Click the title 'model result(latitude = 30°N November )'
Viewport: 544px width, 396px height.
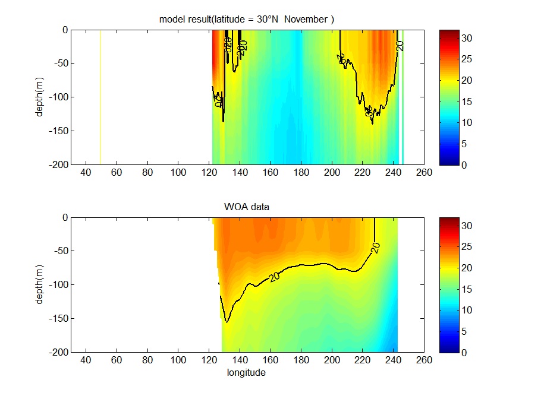(247, 20)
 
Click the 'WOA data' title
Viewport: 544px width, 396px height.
(247, 207)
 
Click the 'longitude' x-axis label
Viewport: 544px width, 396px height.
(246, 373)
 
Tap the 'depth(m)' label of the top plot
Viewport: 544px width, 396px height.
(39, 97)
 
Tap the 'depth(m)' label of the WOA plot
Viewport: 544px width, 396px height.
(39, 284)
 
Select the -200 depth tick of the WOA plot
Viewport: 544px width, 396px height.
(59, 352)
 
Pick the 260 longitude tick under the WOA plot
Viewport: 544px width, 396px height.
(424, 360)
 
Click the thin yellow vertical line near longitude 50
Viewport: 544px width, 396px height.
(100, 95)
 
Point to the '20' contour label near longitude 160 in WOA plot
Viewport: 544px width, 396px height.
(274, 276)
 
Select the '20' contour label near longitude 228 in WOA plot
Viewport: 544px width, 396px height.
(375, 248)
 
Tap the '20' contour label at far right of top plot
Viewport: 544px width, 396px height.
(400, 45)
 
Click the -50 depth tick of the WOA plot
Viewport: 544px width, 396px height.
(61, 251)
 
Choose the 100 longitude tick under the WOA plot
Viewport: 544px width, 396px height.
(178, 360)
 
